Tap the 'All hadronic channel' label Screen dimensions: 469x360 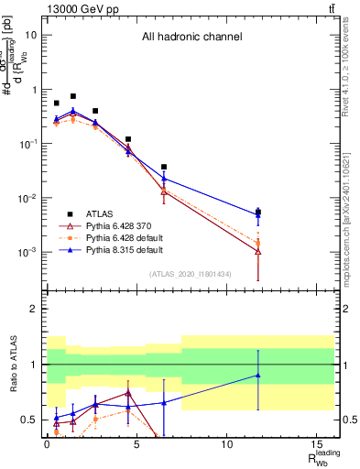click(191, 38)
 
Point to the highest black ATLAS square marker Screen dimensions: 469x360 click(73, 96)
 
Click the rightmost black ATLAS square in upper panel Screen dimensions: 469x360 click(258, 213)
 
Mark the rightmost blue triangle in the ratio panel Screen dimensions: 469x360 click(258, 375)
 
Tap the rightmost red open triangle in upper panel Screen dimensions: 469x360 click(258, 251)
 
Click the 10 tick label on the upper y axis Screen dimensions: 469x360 click(31, 35)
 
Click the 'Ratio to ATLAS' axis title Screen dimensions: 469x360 click(12, 364)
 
